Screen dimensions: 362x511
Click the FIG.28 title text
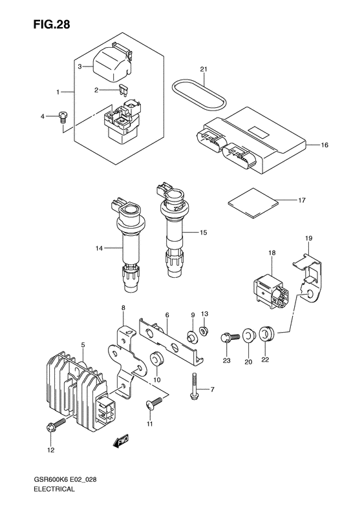click(51, 25)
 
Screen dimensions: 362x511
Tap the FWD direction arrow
click(121, 441)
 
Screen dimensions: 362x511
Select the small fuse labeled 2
click(123, 90)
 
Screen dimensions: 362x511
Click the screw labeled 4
click(63, 117)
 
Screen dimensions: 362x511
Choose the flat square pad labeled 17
click(253, 203)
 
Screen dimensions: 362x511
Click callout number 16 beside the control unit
click(325, 145)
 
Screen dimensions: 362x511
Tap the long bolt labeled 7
click(194, 386)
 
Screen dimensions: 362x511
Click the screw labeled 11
click(154, 403)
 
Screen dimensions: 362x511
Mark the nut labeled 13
click(204, 331)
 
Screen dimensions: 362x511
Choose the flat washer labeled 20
click(249, 336)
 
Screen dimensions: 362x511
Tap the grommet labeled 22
click(267, 334)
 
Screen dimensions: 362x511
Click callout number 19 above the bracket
click(308, 238)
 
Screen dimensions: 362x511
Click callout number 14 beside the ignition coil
click(99, 248)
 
